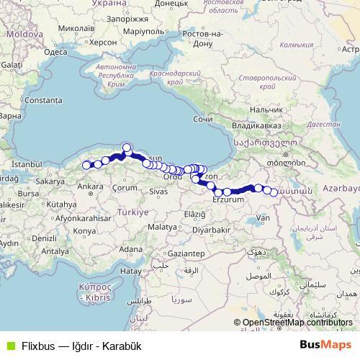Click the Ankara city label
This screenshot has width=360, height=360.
click(x=90, y=186)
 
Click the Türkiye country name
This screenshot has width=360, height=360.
click(x=132, y=213)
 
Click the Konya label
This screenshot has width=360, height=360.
click(x=84, y=230)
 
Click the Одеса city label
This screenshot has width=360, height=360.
click(x=55, y=52)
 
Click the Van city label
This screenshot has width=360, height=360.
click(x=263, y=217)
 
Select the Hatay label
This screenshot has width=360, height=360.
click(x=130, y=271)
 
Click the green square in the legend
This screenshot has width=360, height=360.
click(x=9, y=345)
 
